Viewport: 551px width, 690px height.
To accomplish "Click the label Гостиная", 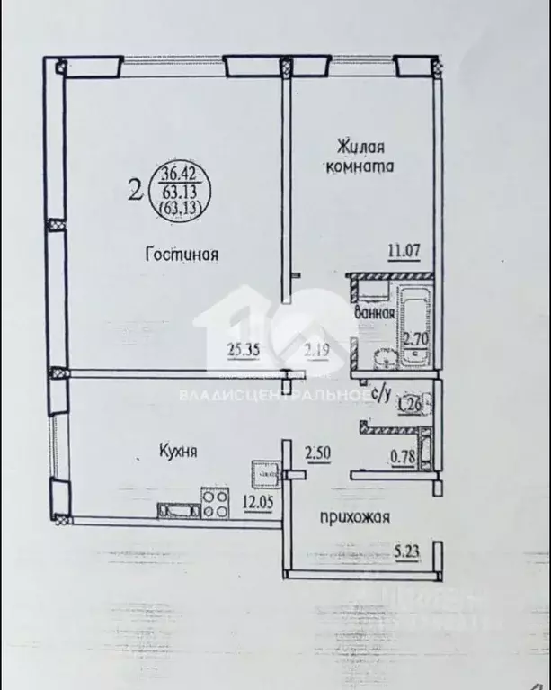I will point(183,255).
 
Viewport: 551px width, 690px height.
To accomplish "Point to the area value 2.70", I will point(415,339).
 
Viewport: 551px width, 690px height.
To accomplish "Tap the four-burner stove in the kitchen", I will point(216,502).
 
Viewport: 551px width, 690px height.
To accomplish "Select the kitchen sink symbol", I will point(178,512).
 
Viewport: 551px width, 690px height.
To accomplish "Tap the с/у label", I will point(379,393).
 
